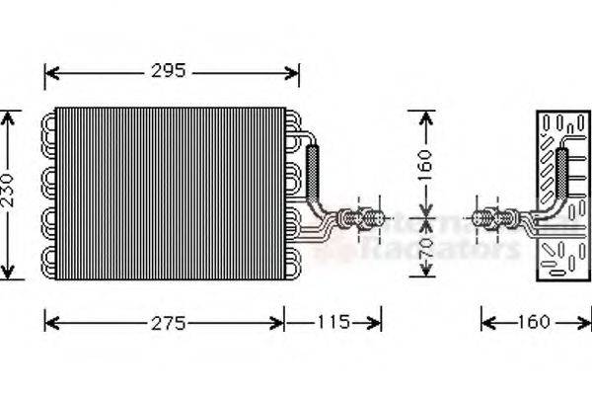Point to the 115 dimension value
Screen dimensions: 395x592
333,323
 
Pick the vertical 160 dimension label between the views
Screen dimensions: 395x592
425,162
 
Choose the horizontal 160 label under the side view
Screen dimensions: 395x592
534,323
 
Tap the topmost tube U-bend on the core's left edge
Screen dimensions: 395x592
47,124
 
